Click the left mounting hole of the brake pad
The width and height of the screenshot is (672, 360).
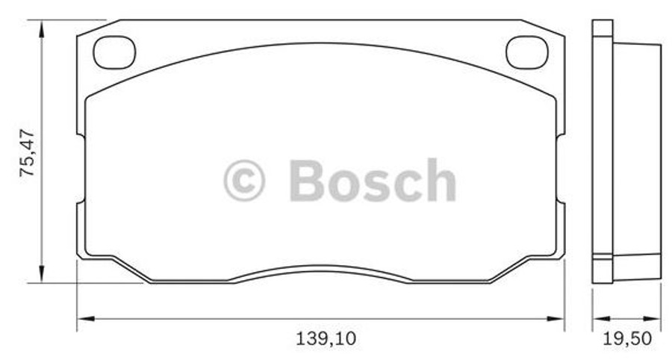coord(113,52)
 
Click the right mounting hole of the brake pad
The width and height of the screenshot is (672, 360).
coord(527,52)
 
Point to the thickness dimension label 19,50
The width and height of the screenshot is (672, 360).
coord(626,338)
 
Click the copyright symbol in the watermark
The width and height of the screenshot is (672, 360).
coord(244,181)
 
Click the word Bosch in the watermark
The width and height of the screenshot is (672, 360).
coord(372,181)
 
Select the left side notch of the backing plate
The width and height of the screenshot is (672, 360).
coord(79,170)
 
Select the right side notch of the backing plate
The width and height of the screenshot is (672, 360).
coord(561,170)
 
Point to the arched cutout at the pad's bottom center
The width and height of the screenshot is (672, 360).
coord(321,270)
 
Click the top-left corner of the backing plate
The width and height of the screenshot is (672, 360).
coord(79,34)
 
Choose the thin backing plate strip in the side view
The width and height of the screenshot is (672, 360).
coord(602,149)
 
